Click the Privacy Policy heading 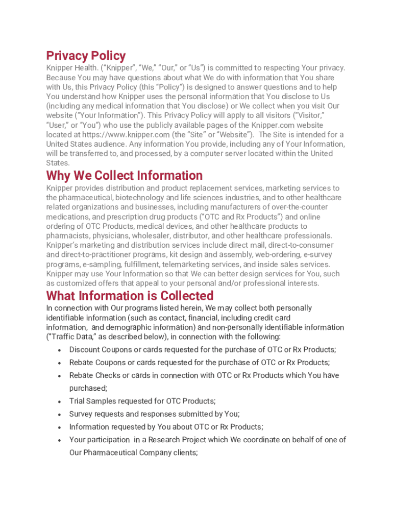86,56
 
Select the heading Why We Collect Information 124,176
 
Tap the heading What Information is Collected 130,296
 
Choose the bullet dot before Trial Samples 60,401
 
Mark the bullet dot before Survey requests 60,414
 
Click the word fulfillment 145,265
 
